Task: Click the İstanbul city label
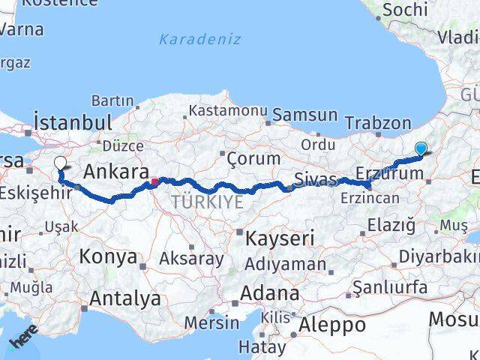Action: pos(73,121)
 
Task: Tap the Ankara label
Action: pos(113,171)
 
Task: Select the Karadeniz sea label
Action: pos(199,39)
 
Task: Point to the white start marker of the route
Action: pos(60,162)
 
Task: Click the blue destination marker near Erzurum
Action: pos(421,149)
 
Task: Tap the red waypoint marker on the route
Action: pos(154,181)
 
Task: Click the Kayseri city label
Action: pos(280,239)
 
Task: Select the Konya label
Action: pos(109,257)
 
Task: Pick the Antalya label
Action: pos(124,298)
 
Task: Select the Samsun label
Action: pos(304,115)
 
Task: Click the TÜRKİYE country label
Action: pos(207,202)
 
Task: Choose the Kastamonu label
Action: pos(228,110)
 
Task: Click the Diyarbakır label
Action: pos(442,255)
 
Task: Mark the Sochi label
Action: pos(405,10)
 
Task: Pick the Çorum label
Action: pos(253,158)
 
